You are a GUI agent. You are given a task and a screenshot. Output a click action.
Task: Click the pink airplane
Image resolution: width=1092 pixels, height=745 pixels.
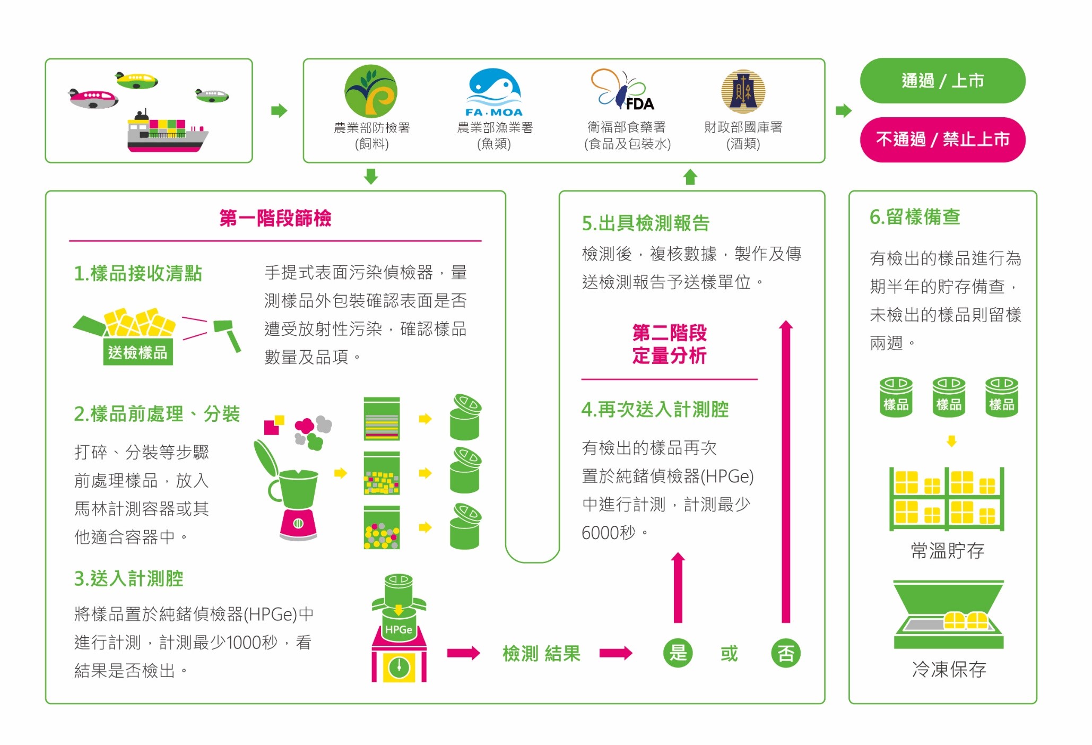[x=93, y=98]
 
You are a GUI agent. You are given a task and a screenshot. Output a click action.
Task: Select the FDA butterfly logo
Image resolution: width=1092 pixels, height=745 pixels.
[x=622, y=89]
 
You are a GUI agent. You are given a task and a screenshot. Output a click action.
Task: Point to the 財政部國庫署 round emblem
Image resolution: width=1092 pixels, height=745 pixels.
[x=743, y=91]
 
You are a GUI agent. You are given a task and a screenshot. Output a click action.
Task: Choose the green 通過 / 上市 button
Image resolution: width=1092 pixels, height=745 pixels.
[x=942, y=81]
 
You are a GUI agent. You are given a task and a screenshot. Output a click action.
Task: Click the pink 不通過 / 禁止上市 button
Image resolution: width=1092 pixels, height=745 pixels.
[x=942, y=140]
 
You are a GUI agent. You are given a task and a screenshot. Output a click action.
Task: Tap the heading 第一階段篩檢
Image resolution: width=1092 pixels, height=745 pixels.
[x=275, y=218]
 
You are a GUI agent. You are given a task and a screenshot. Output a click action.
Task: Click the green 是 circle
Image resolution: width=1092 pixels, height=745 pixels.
[x=678, y=653]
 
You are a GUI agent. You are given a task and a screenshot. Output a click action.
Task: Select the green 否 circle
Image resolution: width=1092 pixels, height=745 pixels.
[x=786, y=653]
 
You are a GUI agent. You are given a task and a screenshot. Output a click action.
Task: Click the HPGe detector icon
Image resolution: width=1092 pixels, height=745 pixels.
[x=399, y=628]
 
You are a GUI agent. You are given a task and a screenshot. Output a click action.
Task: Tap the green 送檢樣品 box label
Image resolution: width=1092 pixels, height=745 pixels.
[x=137, y=352]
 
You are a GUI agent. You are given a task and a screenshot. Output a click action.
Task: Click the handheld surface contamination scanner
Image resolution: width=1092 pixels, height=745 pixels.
[x=227, y=334]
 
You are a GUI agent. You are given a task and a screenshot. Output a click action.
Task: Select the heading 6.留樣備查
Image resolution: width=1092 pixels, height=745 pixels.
[x=915, y=217]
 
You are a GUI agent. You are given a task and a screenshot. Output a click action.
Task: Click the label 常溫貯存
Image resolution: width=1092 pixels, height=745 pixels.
[x=948, y=551]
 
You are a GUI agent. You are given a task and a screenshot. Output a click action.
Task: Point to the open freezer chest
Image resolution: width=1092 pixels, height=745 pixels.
[x=949, y=614]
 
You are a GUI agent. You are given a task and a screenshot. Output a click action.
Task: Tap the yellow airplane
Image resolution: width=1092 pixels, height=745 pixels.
[x=136, y=81]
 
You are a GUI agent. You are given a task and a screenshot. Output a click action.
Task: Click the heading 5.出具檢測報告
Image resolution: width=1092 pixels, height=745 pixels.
[x=646, y=223]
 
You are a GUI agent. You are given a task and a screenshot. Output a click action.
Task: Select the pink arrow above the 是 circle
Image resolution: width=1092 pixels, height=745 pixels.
[x=678, y=587]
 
